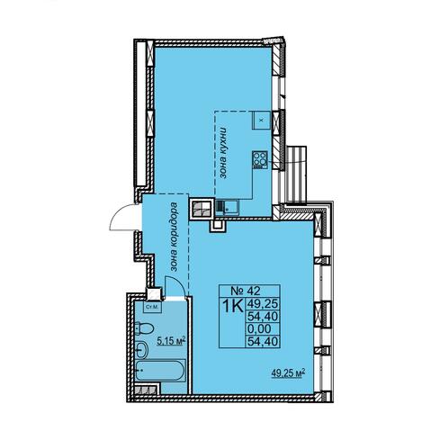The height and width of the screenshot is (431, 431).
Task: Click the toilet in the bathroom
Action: pos(144,328)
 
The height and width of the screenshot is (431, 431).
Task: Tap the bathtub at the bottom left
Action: pos(160,370)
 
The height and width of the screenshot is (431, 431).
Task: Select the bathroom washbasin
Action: pos(141,349)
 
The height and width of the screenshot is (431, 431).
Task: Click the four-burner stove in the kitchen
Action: pos(260,159)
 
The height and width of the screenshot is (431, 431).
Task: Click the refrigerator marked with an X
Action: pos(261,120)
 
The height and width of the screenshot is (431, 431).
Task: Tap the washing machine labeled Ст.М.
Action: pos(153,307)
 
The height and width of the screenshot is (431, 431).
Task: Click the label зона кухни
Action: pos(222,153)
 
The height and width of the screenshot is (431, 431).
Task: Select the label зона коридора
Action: pos(174,237)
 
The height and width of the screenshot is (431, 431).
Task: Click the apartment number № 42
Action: pos(245,291)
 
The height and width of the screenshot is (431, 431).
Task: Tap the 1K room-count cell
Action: pos(232,306)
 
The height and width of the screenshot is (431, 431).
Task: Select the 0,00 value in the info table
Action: pos(259,328)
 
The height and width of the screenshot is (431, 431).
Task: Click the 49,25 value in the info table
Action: pos(263,304)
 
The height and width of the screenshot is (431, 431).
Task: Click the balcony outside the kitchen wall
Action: pos(296,174)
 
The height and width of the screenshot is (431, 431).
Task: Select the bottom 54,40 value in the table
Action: pos(263,341)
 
